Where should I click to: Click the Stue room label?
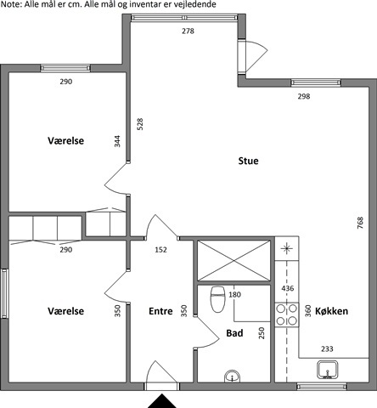(248, 161)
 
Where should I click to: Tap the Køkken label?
(331, 311)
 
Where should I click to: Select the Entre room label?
(160, 311)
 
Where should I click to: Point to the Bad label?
(234, 333)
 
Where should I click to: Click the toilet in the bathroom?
(217, 299)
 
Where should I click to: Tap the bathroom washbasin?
(233, 377)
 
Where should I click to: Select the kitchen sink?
(328, 370)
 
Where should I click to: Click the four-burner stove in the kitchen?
(286, 314)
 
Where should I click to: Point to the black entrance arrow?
(162, 401)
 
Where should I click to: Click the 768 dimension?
(360, 223)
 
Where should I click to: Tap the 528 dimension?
(140, 124)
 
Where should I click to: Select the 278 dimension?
(188, 31)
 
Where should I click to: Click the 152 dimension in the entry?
(160, 250)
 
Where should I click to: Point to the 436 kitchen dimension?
(288, 288)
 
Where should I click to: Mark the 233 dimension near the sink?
(327, 348)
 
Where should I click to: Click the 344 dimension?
(117, 141)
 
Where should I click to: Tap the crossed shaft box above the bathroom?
(234, 261)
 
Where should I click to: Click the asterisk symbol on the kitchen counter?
(286, 248)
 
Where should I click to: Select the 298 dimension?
(304, 96)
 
